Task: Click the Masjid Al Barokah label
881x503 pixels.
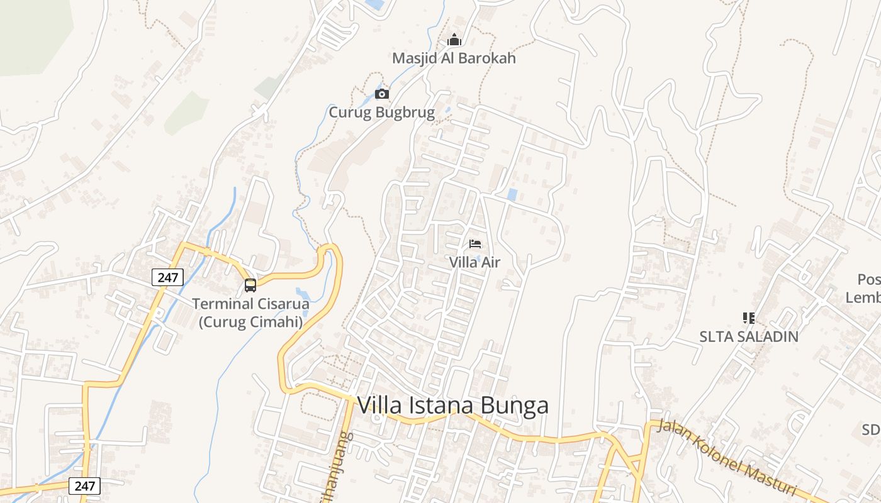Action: coord(454,58)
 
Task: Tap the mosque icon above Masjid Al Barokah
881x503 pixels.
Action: coord(454,40)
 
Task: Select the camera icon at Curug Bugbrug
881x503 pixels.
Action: coord(381,94)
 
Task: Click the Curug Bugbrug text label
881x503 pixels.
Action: coord(381,113)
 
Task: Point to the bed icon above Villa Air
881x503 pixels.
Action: coord(475,244)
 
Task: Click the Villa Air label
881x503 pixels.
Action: coord(474,262)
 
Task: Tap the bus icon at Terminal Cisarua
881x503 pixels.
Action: coord(250,285)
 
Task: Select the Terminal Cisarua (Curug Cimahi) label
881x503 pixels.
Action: coord(250,313)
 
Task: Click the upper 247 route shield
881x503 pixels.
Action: coord(167,277)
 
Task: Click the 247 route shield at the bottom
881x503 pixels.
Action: coord(84,485)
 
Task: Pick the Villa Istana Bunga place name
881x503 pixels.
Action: coord(452,406)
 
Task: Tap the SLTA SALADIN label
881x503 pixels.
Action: coord(749,336)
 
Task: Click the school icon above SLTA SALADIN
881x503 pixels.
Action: coord(748,318)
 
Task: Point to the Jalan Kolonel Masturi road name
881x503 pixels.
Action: coord(727,458)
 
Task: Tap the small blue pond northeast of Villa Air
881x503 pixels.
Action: coord(512,195)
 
